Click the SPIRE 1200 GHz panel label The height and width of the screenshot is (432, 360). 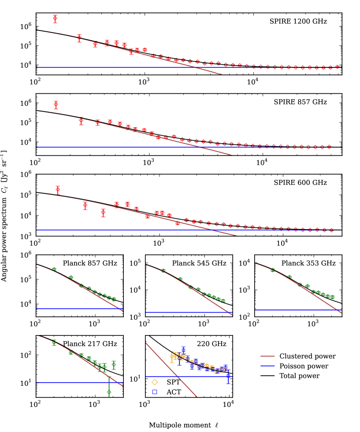pos(298,21)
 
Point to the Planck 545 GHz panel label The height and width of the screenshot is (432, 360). pos(199,263)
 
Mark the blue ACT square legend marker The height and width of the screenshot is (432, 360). pos(155,391)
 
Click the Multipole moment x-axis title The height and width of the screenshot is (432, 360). pos(184,425)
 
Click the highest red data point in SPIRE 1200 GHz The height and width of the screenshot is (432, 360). pos(55,18)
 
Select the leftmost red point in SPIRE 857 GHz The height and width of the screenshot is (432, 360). pos(56,104)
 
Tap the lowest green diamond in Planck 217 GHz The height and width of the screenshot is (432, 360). pos(109,392)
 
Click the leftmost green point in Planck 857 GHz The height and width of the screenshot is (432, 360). pos(54,269)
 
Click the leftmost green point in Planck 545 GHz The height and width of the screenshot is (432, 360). pos(163,270)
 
